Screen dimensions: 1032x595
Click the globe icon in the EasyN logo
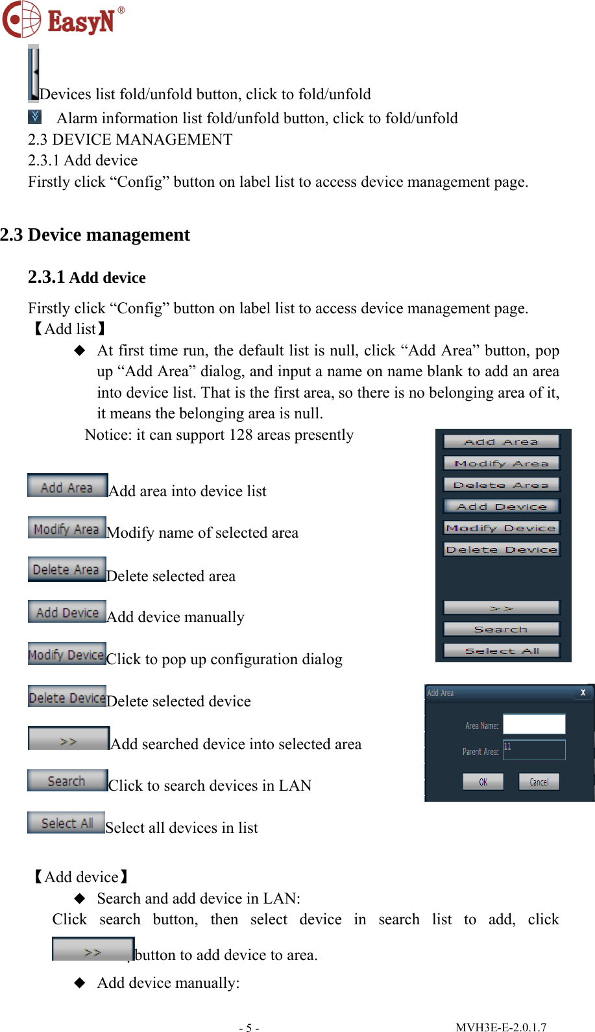tap(21, 19)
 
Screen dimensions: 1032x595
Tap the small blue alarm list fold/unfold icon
tap(34, 117)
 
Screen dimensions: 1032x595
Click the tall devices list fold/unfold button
tap(33, 73)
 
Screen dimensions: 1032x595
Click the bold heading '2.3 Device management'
tap(95, 235)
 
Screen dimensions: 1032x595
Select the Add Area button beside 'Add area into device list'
tap(67, 486)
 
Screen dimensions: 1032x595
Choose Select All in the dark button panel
tap(501, 651)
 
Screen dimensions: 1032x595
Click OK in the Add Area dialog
tap(483, 782)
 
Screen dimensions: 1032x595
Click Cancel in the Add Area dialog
tap(539, 782)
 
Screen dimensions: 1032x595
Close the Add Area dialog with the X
tap(583, 693)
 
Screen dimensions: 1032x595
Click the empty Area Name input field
tap(533, 724)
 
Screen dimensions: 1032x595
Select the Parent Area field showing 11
tap(533, 750)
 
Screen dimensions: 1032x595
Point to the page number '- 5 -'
tap(249, 1027)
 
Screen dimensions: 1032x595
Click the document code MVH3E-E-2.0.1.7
tap(500, 1027)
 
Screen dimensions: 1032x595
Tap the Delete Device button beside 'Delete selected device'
tap(67, 697)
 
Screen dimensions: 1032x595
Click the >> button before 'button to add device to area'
tap(93, 950)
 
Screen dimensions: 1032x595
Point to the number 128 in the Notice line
tap(241, 435)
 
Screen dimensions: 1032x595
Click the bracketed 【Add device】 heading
tap(80, 877)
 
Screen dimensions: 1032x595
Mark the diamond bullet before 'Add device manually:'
tap(80, 983)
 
